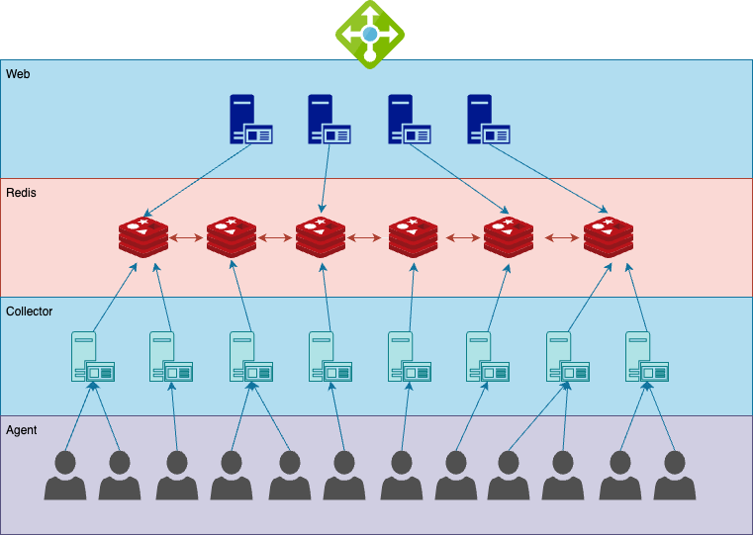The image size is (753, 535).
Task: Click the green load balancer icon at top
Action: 370,35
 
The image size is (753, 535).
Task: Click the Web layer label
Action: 18,74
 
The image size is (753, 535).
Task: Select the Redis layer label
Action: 21,193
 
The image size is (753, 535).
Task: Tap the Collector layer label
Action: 29,312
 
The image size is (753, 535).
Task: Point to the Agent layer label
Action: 22,430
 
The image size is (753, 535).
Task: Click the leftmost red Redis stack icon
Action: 143,238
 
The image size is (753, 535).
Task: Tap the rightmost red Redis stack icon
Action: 608,238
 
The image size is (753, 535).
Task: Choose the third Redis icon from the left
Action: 321,238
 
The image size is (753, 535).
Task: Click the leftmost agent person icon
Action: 65,476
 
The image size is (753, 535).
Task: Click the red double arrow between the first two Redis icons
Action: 187,238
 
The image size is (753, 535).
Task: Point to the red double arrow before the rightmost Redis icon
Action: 562,238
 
